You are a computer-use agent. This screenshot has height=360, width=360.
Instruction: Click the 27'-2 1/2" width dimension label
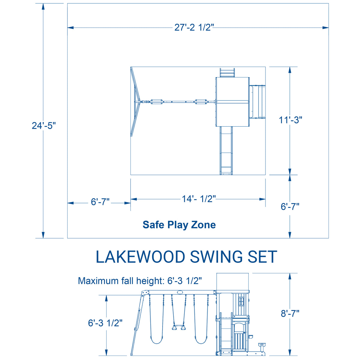[194, 27]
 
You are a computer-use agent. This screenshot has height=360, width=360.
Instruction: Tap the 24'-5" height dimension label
[44, 125]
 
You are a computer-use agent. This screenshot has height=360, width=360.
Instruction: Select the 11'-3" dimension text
[290, 120]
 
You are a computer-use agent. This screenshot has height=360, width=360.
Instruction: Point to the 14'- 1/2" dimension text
[199, 199]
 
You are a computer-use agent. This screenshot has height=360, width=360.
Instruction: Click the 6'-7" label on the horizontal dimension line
[100, 202]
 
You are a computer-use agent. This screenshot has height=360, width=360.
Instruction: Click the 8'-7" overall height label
[290, 313]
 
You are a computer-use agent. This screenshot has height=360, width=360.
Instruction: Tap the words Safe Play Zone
[179, 225]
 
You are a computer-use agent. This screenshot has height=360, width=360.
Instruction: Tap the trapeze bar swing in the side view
[178, 327]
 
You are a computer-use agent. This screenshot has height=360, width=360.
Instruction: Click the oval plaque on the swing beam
[180, 292]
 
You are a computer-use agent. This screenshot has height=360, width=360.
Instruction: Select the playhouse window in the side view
[241, 300]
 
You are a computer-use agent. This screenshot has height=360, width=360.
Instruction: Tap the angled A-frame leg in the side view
[137, 324]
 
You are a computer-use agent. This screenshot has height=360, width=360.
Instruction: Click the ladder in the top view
[227, 73]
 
